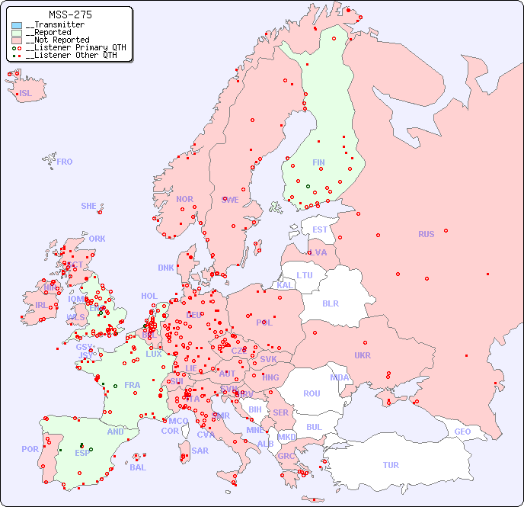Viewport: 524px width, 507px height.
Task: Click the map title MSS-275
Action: pyautogui.click(x=70, y=14)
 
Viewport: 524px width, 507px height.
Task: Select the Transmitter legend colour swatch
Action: pyautogui.click(x=17, y=25)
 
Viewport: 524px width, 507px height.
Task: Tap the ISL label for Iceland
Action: pyautogui.click(x=25, y=93)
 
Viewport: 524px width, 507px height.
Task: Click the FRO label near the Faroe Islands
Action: pyautogui.click(x=65, y=162)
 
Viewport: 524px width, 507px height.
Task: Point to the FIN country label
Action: pyautogui.click(x=318, y=162)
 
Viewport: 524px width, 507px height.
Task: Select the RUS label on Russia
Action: pyautogui.click(x=426, y=234)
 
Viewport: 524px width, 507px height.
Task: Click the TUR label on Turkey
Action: pyautogui.click(x=391, y=465)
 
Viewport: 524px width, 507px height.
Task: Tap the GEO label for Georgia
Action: pyautogui.click(x=462, y=432)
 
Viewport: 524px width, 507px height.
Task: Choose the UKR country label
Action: pyautogui.click(x=362, y=355)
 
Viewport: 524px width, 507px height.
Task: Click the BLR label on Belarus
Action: pyautogui.click(x=330, y=303)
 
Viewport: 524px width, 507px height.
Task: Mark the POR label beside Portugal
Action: pyautogui.click(x=30, y=449)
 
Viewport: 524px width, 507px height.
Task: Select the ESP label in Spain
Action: pyautogui.click(x=82, y=452)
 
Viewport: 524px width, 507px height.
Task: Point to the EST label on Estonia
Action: pyautogui.click(x=320, y=229)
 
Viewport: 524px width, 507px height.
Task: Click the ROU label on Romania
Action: pyautogui.click(x=312, y=393)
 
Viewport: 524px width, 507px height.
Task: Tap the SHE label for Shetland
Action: pyautogui.click(x=89, y=206)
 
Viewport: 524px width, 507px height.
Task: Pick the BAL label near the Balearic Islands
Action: pyautogui.click(x=138, y=467)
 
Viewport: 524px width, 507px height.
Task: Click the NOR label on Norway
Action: pyautogui.click(x=184, y=199)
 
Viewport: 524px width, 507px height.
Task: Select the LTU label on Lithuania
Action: pyautogui.click(x=305, y=275)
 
